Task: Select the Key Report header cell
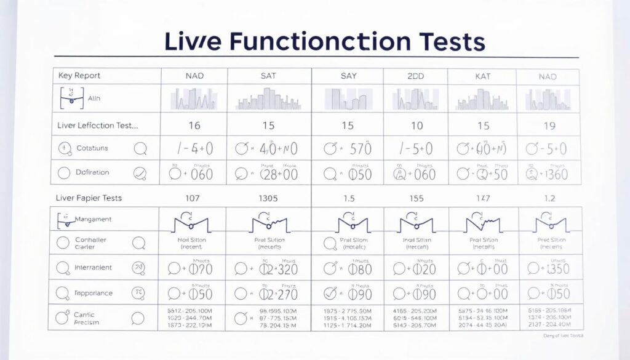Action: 79,76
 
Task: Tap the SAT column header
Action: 269,76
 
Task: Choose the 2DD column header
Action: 416,76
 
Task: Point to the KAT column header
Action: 483,76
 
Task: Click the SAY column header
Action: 348,76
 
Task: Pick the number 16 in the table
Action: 194,126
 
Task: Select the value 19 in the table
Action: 549,126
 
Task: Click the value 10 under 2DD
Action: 417,126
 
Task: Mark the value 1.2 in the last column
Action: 549,198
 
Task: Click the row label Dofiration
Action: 93,173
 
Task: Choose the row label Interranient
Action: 93,268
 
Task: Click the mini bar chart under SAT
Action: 269,98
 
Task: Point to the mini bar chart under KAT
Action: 483,98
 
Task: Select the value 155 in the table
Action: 417,198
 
